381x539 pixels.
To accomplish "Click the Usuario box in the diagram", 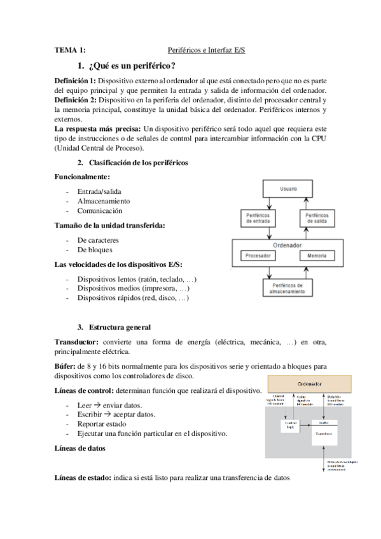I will (x=287, y=189).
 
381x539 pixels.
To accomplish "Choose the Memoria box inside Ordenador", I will (x=317, y=256).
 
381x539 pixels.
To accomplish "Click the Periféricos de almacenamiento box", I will (x=287, y=287).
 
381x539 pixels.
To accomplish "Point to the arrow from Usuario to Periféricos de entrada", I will (x=268, y=203).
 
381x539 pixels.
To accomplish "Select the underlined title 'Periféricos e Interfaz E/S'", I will (x=206, y=50).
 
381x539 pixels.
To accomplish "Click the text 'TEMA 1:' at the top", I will (x=69, y=50).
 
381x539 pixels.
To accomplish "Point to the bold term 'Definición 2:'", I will (x=76, y=100).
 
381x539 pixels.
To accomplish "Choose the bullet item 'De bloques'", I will (x=95, y=250).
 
